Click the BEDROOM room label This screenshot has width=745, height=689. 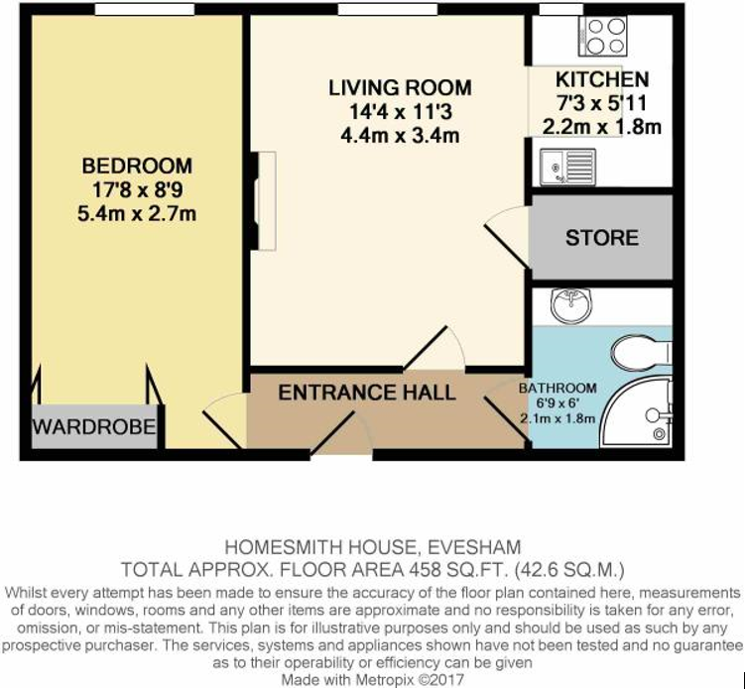137,167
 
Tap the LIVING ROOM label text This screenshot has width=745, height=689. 400,88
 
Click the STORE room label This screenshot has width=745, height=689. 602,238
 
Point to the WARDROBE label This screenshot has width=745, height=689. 94,427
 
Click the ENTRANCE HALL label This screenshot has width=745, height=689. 367,393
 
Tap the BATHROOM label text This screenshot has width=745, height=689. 558,388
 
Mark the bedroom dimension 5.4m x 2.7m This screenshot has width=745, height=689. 137,212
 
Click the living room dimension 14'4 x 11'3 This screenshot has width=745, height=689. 400,112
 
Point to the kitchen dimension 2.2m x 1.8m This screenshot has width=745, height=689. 602,127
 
